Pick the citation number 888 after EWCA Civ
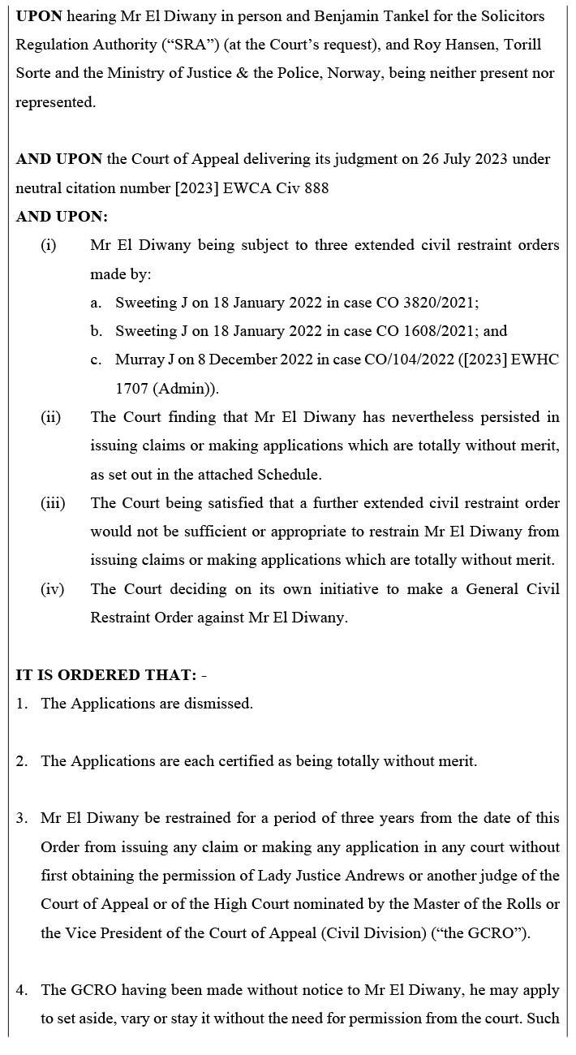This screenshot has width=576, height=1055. coord(316,187)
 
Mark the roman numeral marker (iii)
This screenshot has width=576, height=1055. coord(53,503)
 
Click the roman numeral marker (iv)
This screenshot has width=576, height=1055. coord(52,589)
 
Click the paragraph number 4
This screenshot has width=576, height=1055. coord(21,990)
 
